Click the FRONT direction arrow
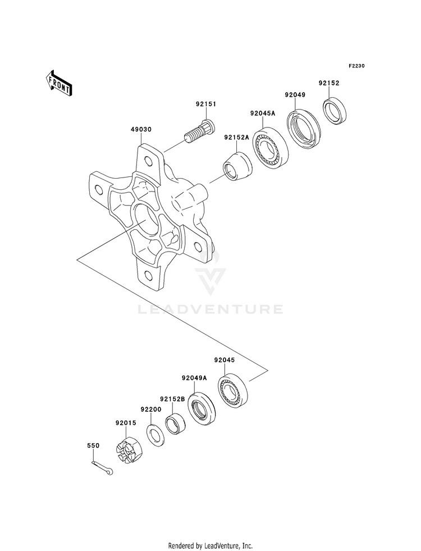click(58, 83)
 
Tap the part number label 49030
click(141, 129)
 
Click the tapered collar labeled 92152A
click(238, 167)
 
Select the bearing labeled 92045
click(233, 389)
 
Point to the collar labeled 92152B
click(176, 424)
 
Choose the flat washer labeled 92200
click(154, 435)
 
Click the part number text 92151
click(206, 104)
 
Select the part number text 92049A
click(194, 378)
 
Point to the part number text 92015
click(125, 423)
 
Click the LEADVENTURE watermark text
click(210, 309)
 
